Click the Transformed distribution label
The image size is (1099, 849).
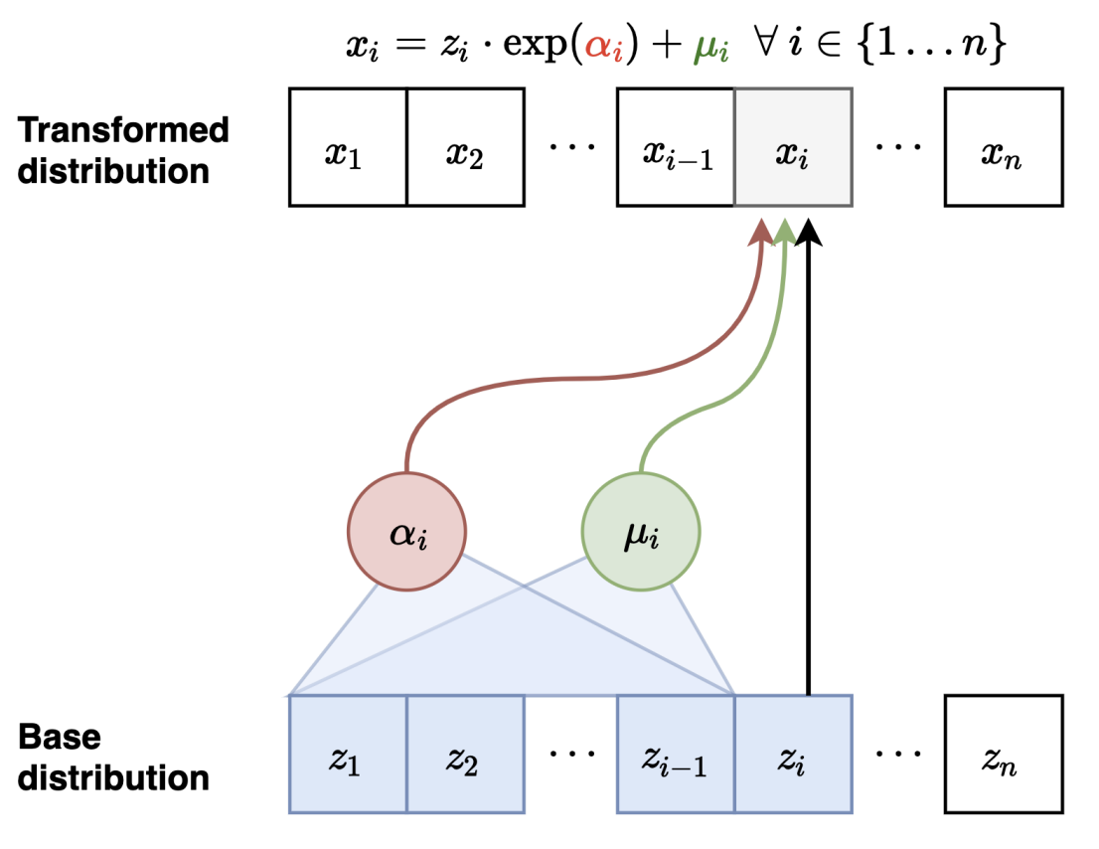(124, 149)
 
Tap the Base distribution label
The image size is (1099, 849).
(114, 757)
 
